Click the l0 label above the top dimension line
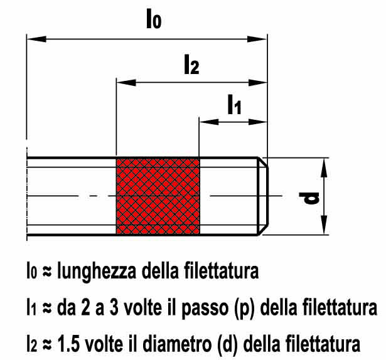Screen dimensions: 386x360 click(154, 19)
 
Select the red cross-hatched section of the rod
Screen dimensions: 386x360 click(158, 196)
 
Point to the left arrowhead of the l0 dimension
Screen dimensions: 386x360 click(36, 39)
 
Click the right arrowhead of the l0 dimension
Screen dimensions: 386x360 click(257, 39)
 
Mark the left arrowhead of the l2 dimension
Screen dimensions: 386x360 click(126, 82)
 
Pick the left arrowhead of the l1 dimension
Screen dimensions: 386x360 click(209, 122)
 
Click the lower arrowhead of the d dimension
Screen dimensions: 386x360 click(324, 225)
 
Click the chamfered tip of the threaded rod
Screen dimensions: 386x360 click(263, 196)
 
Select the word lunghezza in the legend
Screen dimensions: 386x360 click(96, 272)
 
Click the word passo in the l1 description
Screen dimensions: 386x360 click(205, 308)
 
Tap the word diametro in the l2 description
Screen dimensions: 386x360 click(177, 343)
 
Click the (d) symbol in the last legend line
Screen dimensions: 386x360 click(227, 344)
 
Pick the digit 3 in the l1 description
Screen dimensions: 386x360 click(114, 307)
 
